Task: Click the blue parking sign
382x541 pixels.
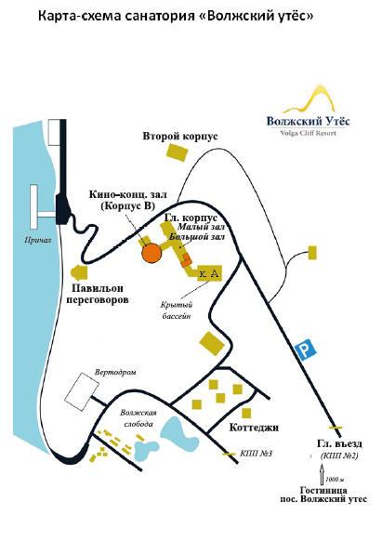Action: tap(307, 350)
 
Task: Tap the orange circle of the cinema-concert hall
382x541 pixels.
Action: tap(151, 253)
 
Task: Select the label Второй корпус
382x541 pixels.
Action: tap(180, 137)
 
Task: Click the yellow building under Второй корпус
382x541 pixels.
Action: tap(178, 152)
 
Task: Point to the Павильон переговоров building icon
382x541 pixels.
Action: tap(79, 273)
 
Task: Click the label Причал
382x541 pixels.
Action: tap(37, 240)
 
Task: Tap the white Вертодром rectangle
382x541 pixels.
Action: tap(82, 391)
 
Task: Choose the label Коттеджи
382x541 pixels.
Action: tap(254, 428)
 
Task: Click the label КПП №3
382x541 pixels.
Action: tap(256, 453)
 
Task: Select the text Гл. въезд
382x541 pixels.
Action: tap(339, 443)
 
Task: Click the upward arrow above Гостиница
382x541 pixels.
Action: tap(323, 475)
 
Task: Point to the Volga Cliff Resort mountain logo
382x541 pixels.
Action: tap(309, 99)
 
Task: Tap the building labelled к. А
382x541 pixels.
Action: tap(209, 273)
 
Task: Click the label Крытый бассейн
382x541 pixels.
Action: tap(177, 310)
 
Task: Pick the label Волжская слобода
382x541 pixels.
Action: tap(138, 417)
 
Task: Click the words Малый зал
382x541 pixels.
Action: tap(201, 227)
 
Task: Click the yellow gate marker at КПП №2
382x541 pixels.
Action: tap(336, 428)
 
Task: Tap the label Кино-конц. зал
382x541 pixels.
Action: tap(128, 194)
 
